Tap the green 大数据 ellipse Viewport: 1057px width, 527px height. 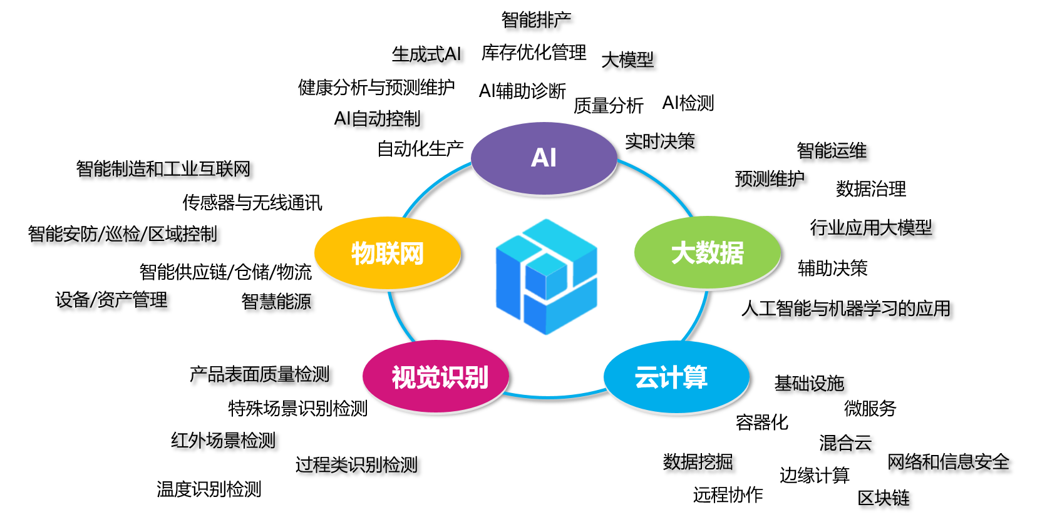[x=707, y=275]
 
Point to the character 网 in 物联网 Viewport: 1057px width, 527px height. [x=411, y=253]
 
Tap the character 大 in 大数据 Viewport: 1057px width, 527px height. [x=683, y=253]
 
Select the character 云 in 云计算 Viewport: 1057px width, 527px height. [x=646, y=377]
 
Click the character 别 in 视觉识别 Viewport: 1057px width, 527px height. [x=476, y=377]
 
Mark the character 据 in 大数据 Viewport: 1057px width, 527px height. [x=731, y=253]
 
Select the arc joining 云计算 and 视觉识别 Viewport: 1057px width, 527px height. [x=551, y=397]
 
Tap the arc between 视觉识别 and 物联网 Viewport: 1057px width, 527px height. [x=398, y=319]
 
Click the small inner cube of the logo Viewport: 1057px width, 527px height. [x=546, y=275]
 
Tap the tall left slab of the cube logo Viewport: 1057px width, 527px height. [x=507, y=282]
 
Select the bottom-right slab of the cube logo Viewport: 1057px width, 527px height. [x=564, y=310]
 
